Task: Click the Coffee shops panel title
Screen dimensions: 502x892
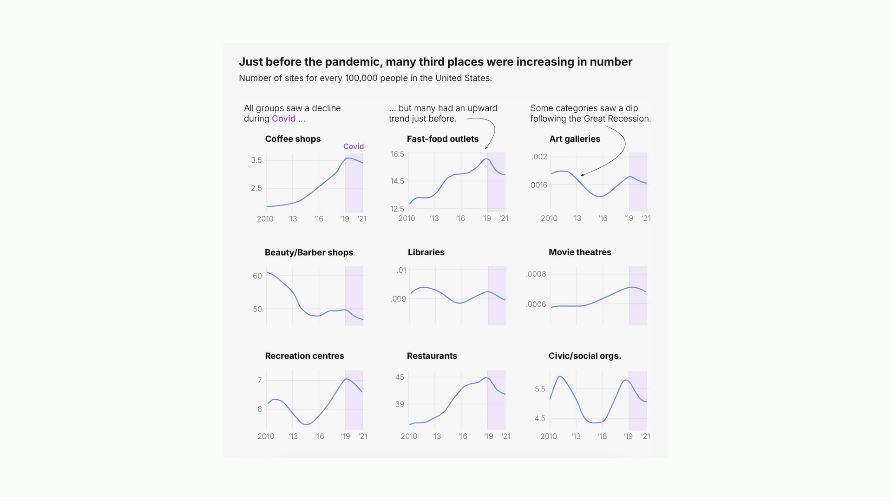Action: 293,139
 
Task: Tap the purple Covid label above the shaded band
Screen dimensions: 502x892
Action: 354,146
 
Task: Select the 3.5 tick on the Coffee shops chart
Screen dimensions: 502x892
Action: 256,160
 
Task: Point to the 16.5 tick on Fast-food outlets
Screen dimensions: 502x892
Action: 397,154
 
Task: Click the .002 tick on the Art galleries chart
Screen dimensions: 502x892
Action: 539,157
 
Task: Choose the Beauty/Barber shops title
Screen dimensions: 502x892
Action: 309,252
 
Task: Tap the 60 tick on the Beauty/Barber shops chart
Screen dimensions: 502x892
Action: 257,276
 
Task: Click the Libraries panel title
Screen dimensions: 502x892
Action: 426,252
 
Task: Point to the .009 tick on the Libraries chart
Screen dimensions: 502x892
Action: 398,299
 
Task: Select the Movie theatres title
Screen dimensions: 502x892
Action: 580,252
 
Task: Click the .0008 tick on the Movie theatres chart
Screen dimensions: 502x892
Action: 536,274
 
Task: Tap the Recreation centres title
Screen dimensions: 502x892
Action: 304,356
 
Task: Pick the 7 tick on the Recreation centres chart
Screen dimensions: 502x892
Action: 260,380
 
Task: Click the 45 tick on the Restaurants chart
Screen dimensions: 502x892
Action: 400,377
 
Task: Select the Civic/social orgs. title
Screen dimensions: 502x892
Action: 584,356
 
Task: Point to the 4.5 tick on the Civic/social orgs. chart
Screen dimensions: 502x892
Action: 540,418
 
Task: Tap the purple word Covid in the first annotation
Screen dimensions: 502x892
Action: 283,119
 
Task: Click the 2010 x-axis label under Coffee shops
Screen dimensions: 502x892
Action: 265,219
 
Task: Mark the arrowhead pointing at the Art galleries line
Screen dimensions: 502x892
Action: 582,175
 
